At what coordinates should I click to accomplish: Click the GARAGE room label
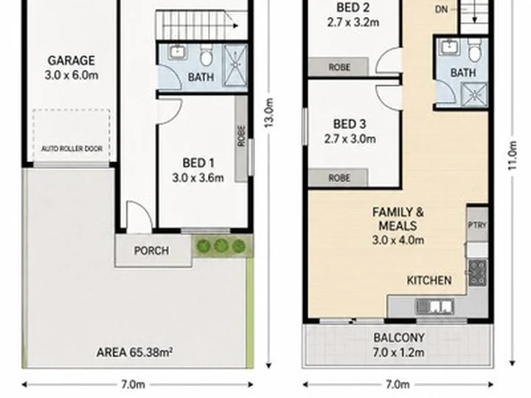[71, 60]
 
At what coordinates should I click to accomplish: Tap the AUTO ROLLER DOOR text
[72, 149]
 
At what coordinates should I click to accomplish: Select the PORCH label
[151, 251]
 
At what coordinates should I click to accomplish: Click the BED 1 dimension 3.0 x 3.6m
[198, 178]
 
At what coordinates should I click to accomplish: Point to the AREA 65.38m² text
[134, 352]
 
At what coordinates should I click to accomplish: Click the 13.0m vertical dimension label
[269, 113]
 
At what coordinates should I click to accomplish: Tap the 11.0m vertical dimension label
[513, 156]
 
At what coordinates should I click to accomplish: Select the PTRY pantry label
[477, 225]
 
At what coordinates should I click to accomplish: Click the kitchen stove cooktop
[478, 273]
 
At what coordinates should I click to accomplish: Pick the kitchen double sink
[435, 307]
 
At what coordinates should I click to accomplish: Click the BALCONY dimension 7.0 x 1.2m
[398, 352]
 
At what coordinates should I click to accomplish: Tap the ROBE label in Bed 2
[339, 67]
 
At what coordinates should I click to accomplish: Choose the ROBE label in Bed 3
[339, 178]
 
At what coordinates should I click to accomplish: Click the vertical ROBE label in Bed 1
[241, 136]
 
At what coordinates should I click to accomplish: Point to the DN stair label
[441, 10]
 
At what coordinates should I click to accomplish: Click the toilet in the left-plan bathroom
[206, 55]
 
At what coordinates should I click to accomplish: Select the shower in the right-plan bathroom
[474, 95]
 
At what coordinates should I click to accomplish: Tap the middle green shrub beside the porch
[221, 245]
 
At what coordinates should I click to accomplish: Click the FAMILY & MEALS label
[398, 219]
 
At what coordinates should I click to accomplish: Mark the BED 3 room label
[350, 125]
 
